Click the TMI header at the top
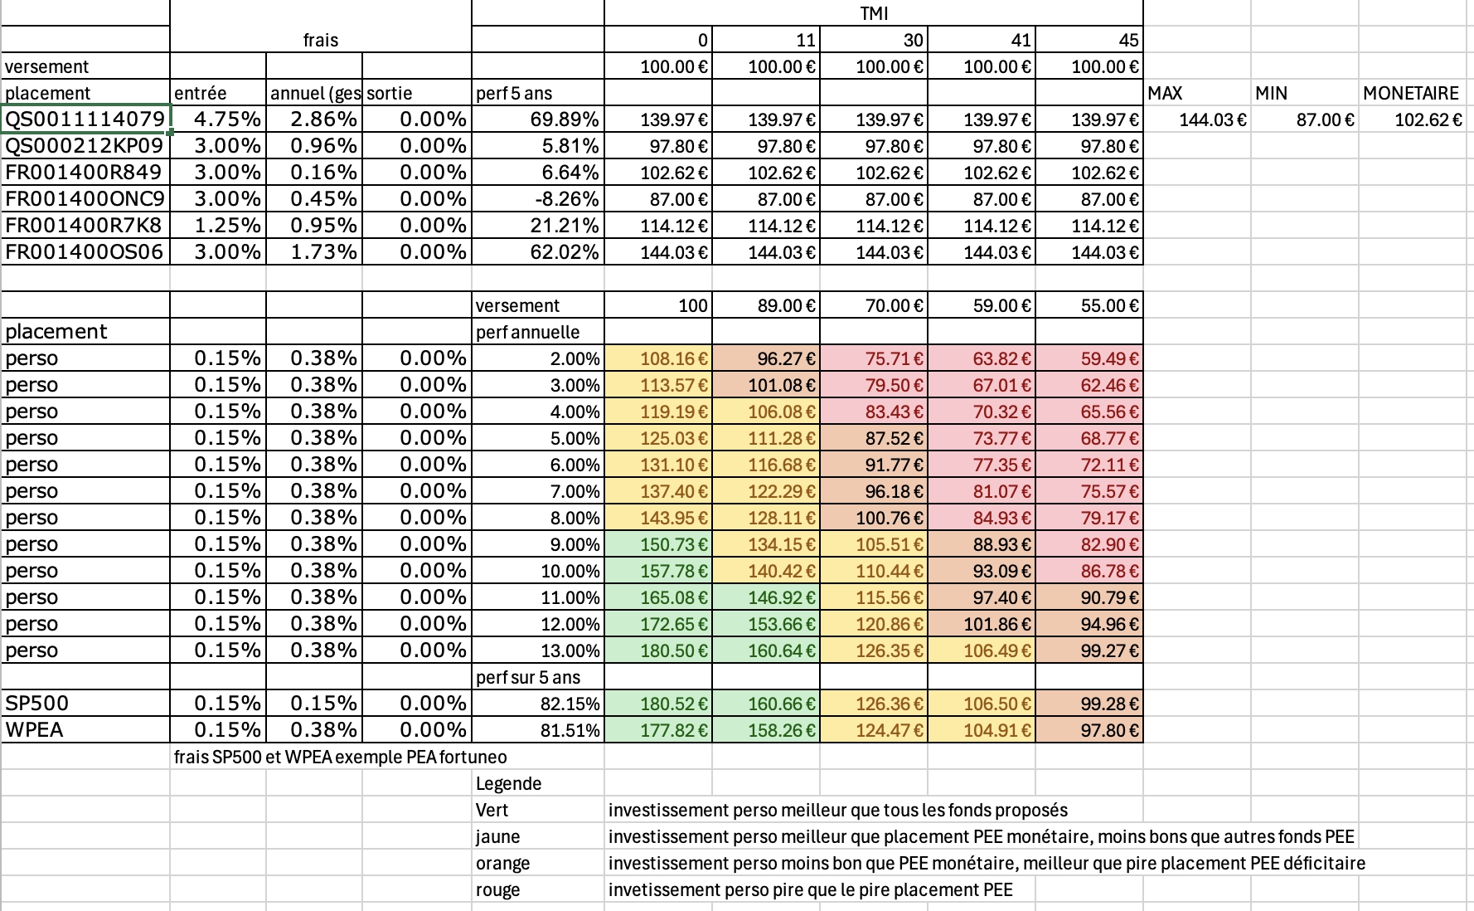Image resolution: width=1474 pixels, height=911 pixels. tap(874, 12)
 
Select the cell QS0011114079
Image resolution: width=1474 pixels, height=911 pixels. tap(85, 119)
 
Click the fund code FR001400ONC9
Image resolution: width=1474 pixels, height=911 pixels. tap(85, 199)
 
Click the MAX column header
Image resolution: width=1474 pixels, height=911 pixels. tap(1165, 93)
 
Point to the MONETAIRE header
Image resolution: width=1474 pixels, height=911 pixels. tap(1410, 93)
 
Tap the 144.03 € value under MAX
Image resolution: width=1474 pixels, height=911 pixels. tap(1212, 119)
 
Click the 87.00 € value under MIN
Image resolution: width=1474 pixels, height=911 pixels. tap(1325, 119)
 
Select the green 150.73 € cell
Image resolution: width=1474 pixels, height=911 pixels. tap(674, 544)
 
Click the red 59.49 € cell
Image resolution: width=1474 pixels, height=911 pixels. tap(1109, 358)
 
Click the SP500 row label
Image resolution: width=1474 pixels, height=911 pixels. tap(37, 704)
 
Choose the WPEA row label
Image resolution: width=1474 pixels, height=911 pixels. tap(35, 730)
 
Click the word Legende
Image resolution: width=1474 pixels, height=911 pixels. tap(508, 783)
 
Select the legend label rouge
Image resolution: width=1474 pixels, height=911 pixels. tap(497, 889)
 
